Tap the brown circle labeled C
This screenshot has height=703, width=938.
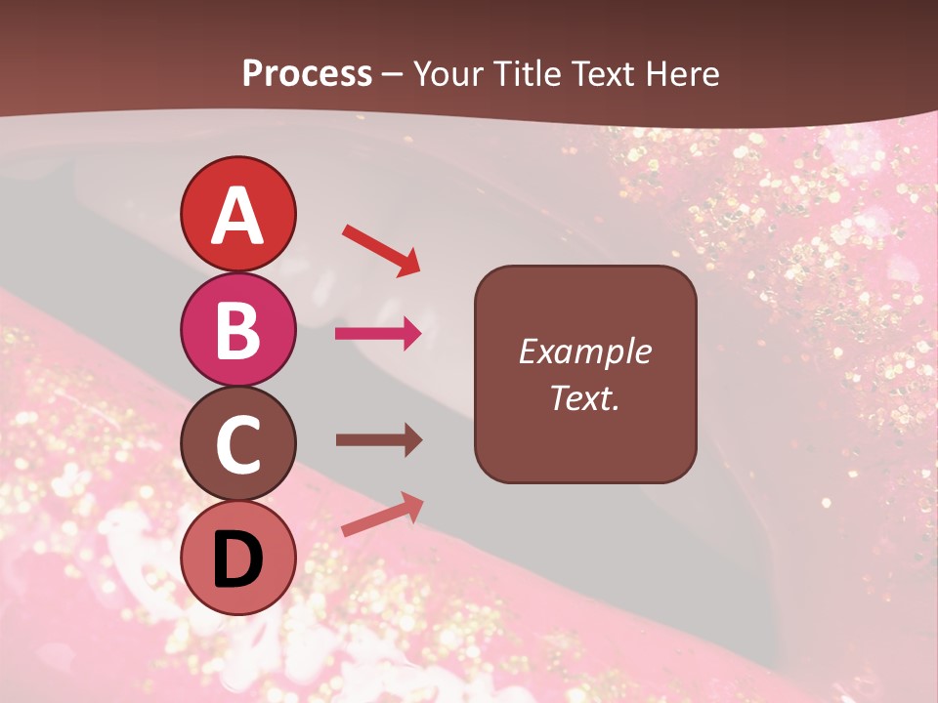coord(237,445)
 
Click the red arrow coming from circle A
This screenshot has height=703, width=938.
coord(380,250)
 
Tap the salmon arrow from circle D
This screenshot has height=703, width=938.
coord(382,515)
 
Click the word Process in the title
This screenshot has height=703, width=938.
coord(307,73)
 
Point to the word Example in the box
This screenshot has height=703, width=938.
coord(584,351)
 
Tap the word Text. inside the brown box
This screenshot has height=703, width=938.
coord(584,397)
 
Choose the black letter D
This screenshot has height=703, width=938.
coord(237,558)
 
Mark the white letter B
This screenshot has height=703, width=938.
coord(237,330)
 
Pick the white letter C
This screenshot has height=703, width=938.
coord(237,445)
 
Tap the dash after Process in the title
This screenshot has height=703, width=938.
coord(393,74)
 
